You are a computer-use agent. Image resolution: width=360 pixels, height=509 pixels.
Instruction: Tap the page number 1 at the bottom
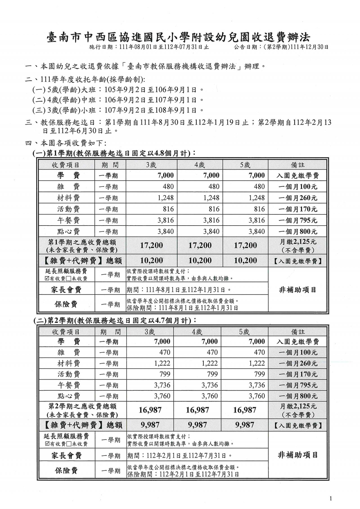[x=331, y=499]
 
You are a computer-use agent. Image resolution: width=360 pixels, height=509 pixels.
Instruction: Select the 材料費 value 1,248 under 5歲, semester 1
[x=256, y=198]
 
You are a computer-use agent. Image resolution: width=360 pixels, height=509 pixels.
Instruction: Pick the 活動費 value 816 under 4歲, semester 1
[x=214, y=209]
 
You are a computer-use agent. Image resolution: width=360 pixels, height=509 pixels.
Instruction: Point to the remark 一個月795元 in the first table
[x=298, y=220]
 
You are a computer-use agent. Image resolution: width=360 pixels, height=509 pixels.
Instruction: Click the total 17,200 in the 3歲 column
[x=152, y=246]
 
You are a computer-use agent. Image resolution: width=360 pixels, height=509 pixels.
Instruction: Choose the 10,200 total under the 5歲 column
[x=245, y=261]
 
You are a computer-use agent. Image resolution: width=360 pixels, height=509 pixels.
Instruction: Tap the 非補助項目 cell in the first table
[x=298, y=290]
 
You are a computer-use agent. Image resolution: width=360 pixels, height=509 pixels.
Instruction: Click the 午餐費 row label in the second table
[x=69, y=385]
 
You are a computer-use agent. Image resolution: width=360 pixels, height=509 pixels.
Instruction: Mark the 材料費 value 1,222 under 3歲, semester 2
[x=162, y=363]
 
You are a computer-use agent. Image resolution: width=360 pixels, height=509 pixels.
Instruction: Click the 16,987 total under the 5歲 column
[x=245, y=410]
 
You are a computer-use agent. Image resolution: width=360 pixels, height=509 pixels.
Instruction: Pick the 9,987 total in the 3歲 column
[x=150, y=425]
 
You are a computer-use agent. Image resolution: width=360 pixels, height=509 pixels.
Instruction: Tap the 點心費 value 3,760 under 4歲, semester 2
[x=210, y=396]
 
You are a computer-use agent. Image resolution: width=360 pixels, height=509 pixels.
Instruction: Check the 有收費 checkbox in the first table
[x=47, y=279]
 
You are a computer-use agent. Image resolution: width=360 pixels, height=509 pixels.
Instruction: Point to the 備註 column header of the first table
[x=298, y=165]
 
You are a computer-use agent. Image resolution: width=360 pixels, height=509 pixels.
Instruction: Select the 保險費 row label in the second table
[x=66, y=471]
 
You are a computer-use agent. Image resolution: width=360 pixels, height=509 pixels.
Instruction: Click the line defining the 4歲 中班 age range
[x=118, y=100]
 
